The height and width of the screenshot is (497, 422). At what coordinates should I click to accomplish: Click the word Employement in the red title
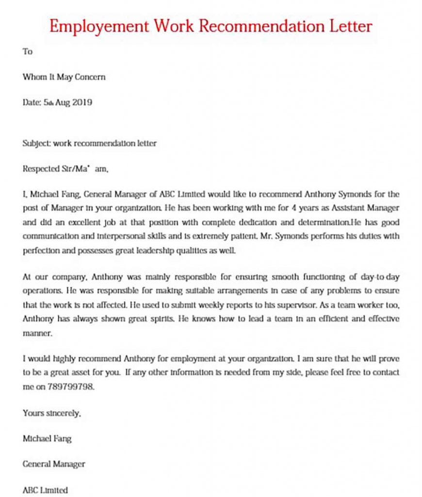(x=99, y=26)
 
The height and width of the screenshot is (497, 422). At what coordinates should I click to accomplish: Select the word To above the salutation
(x=27, y=51)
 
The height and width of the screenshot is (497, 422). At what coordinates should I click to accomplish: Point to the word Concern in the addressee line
(x=90, y=77)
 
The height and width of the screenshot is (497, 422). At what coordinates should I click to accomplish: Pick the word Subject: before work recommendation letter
(x=37, y=144)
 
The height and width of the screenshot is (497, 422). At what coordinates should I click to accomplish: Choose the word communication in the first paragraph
(x=51, y=236)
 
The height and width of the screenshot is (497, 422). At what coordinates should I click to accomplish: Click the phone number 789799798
(x=71, y=387)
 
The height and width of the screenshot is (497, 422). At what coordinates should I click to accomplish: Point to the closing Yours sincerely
(x=51, y=413)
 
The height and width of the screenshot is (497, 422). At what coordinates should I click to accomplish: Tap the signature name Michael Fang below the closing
(x=47, y=438)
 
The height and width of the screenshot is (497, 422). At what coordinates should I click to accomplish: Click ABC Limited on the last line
(x=45, y=490)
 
